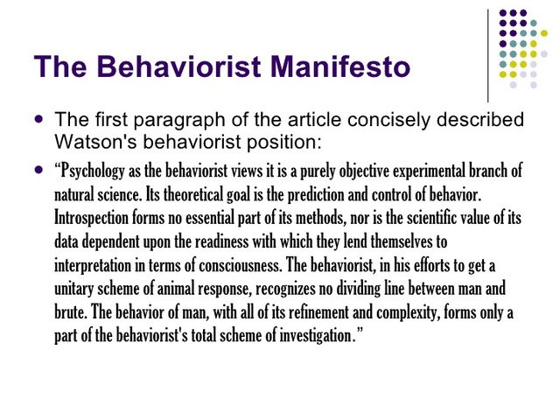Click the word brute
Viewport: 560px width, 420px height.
tap(72, 311)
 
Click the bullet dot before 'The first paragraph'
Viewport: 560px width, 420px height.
tap(38, 117)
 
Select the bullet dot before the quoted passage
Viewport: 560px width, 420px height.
tap(38, 169)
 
